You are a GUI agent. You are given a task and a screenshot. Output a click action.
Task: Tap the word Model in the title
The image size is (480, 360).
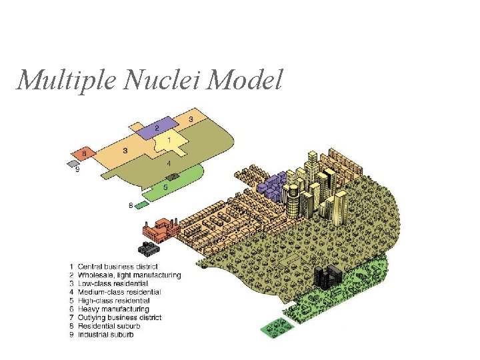(x=245, y=81)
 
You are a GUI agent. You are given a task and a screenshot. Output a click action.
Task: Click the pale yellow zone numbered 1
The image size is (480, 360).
(x=168, y=141)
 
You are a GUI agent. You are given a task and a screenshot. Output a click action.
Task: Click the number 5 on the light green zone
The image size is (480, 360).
(x=165, y=188)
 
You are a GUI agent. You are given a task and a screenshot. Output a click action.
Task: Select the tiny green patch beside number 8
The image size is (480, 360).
(x=141, y=205)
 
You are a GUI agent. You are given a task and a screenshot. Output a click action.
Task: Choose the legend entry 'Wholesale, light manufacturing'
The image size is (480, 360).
(x=129, y=275)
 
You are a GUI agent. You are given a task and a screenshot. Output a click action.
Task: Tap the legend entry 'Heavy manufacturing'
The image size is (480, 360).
(x=113, y=309)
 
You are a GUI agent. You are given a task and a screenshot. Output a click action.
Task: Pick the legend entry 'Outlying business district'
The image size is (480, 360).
(x=119, y=317)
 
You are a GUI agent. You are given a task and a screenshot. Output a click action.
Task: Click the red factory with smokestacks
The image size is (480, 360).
(x=159, y=230)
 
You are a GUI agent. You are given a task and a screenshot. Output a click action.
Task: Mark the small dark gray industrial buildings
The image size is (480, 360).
(x=148, y=249)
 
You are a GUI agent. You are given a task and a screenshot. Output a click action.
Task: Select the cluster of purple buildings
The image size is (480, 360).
(x=273, y=186)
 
